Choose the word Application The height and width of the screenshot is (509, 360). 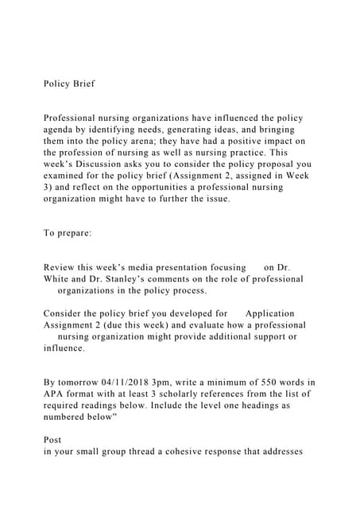pos(269,313)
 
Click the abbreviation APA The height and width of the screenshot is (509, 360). pos(55,394)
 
